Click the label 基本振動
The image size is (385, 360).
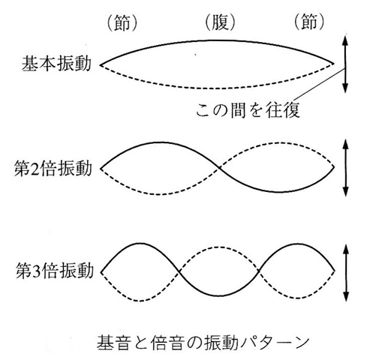(x=56, y=64)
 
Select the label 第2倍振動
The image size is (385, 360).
(x=53, y=168)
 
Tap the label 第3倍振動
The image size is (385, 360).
(x=55, y=271)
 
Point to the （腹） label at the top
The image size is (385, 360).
(x=220, y=22)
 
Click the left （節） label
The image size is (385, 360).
(x=122, y=22)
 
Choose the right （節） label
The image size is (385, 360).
(x=309, y=21)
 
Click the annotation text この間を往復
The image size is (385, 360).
(x=248, y=110)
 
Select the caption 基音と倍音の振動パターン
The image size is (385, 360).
(x=203, y=343)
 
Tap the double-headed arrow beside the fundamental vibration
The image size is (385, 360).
(x=345, y=64)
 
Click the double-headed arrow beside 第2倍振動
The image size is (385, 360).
(x=346, y=168)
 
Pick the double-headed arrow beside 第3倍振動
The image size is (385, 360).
(x=346, y=273)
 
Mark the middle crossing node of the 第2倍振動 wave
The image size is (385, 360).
(x=219, y=168)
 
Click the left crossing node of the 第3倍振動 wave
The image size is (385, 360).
(x=179, y=271)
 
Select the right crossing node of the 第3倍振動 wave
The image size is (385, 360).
(x=259, y=271)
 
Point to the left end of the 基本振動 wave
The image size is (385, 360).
(x=101, y=65)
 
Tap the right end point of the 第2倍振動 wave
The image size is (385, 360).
(x=334, y=166)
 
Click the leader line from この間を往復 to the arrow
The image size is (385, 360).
(x=320, y=84)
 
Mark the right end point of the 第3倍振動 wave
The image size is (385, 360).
(x=335, y=271)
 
